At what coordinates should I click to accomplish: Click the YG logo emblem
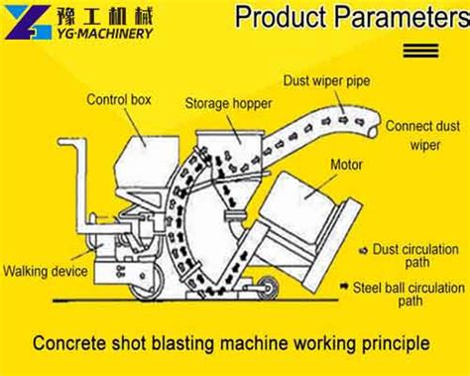[29, 22]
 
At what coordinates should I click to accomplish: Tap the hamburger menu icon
[420, 51]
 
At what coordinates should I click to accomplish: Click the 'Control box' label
[119, 99]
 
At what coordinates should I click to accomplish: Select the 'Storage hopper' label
[228, 103]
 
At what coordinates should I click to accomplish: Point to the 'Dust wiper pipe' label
[326, 81]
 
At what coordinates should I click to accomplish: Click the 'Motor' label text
[346, 165]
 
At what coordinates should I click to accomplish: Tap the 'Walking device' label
[46, 271]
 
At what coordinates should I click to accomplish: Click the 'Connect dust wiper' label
[423, 135]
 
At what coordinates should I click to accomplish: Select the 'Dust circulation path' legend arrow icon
[364, 251]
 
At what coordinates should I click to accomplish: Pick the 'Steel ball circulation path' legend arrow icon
[344, 287]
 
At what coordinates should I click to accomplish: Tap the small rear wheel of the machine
[268, 287]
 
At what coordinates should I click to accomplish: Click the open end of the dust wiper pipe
[374, 127]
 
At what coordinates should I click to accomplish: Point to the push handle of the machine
[81, 186]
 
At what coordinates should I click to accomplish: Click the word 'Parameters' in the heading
[403, 17]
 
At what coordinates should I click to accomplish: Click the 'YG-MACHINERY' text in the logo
[104, 34]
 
